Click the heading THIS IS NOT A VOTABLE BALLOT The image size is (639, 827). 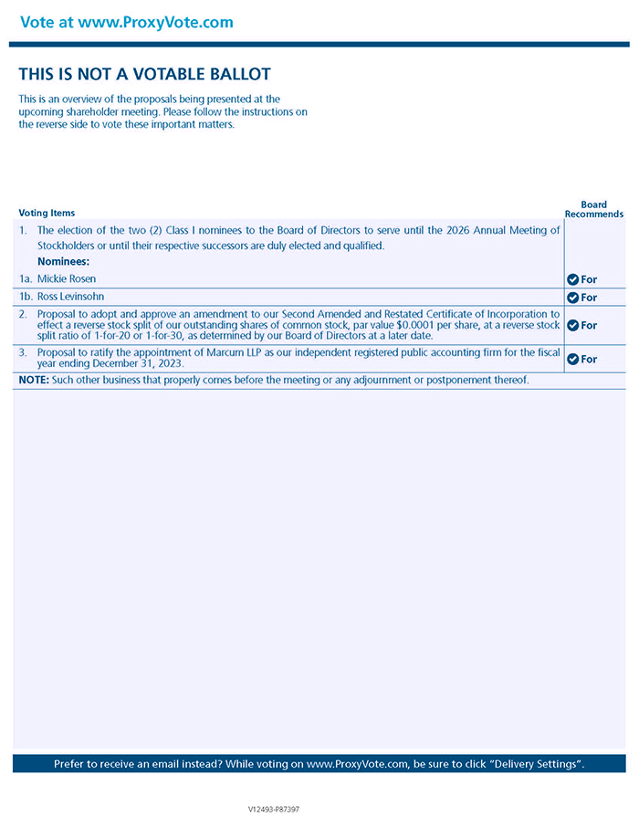point(144,74)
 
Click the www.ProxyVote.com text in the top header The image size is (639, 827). point(155,22)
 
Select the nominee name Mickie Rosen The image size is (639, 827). point(67,278)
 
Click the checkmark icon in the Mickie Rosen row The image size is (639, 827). point(572,279)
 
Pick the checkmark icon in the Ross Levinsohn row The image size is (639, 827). point(572,298)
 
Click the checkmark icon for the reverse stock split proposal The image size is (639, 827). point(572,325)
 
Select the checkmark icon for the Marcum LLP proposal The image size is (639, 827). point(572,359)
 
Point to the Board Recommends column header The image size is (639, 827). point(593,209)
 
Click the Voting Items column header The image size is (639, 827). point(47,214)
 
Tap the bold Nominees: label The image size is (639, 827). point(63,261)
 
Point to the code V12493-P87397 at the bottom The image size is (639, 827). point(274,809)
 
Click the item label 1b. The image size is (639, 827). point(26,297)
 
